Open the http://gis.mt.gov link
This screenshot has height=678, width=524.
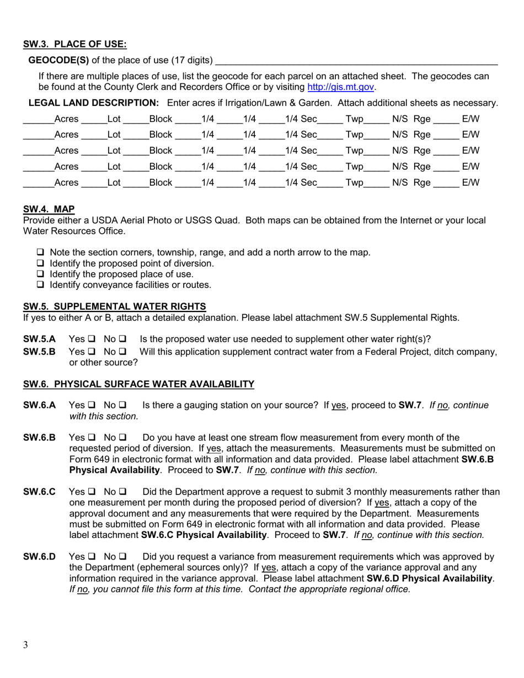(341, 87)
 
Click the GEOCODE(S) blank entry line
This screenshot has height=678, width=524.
(356, 61)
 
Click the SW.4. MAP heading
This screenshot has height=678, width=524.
(49, 209)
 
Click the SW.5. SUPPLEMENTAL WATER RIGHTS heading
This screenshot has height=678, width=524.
(114, 306)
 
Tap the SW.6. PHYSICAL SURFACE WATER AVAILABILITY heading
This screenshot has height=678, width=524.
(138, 384)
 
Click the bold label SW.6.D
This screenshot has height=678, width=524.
(39, 557)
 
